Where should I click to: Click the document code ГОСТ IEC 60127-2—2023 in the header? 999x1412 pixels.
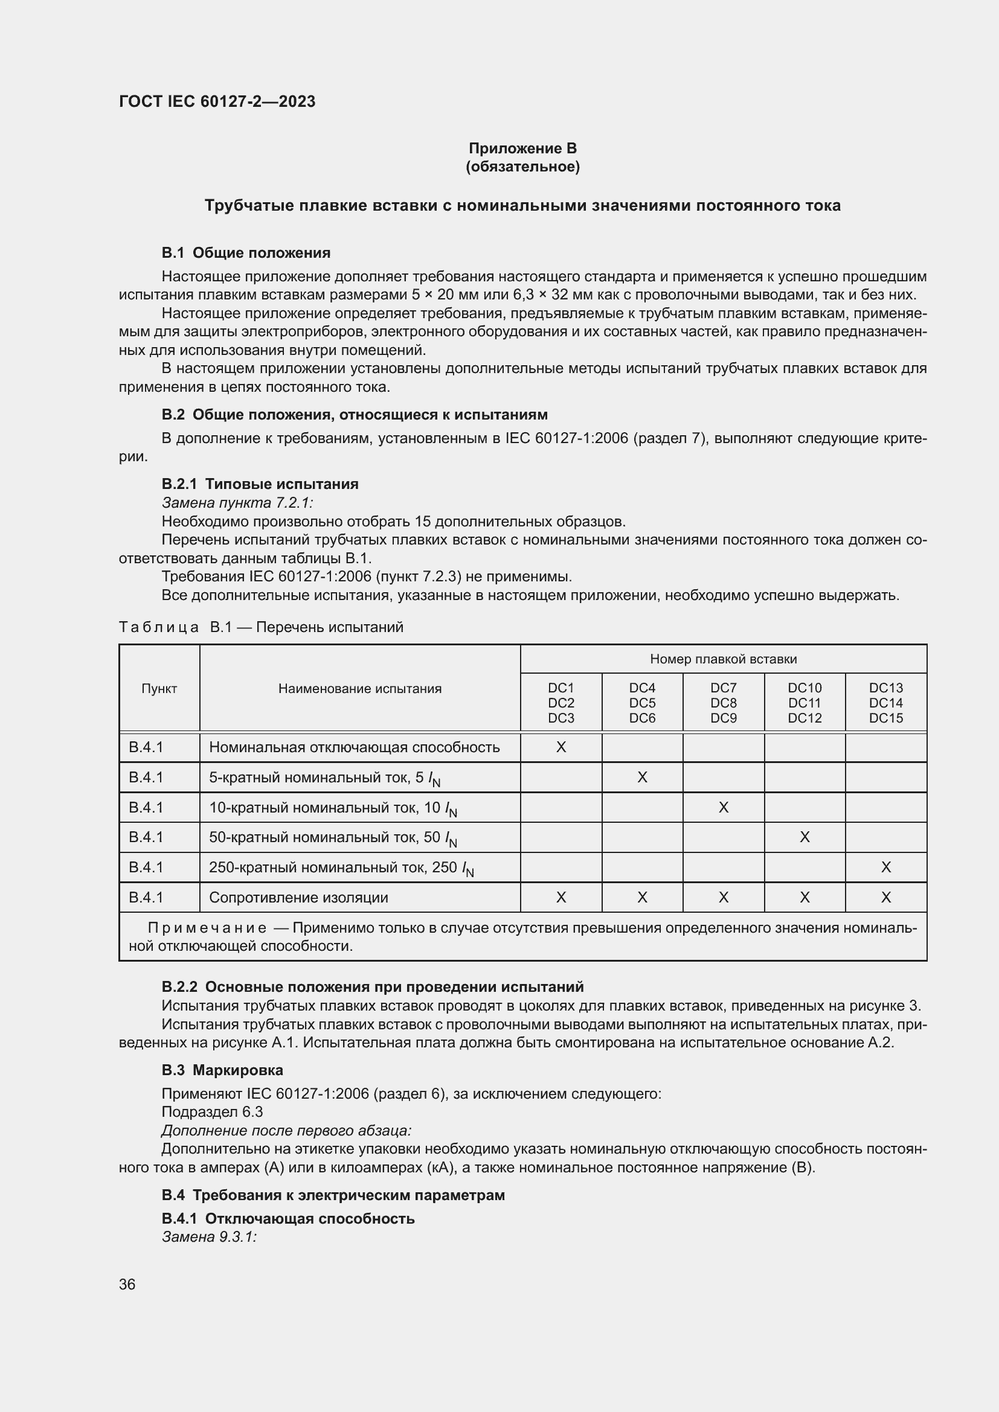[217, 101]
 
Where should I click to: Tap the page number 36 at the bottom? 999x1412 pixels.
[127, 1284]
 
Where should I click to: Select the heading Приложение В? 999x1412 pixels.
[522, 149]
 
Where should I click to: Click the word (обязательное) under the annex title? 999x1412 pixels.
[522, 167]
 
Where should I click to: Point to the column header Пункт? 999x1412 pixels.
[159, 688]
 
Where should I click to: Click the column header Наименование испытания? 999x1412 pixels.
[360, 688]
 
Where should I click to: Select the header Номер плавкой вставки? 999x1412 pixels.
[723, 659]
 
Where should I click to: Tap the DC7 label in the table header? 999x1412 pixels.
[723, 688]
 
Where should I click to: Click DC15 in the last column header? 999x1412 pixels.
[885, 718]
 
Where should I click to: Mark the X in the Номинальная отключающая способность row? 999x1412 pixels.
[561, 747]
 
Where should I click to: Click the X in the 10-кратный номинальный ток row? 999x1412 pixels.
[724, 807]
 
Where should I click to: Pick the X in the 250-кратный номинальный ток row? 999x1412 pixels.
[886, 867]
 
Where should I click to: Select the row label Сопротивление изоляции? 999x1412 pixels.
[298, 897]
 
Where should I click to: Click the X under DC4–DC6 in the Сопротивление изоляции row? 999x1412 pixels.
[642, 897]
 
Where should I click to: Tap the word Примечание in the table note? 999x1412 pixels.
[207, 927]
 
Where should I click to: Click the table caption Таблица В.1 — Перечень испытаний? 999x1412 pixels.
[261, 627]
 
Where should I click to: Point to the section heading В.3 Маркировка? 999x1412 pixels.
[222, 1070]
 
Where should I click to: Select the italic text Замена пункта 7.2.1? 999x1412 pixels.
[237, 502]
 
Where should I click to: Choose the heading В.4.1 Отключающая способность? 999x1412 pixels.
[288, 1218]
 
